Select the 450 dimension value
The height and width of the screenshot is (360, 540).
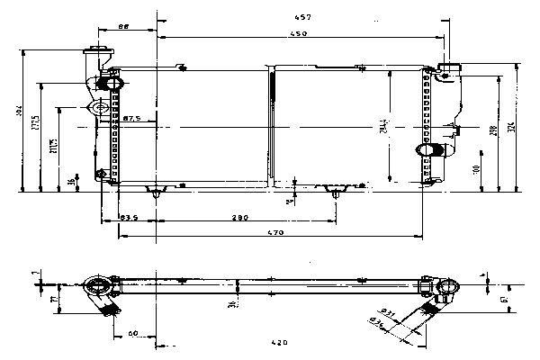pos(300,34)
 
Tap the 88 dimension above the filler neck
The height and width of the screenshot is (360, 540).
pos(124,28)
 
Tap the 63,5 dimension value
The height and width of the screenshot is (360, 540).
pos(128,218)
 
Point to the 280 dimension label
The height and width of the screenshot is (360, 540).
pos(240,218)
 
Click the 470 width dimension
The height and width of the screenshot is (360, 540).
pos(276,234)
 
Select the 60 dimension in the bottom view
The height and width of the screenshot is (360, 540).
pos(132,333)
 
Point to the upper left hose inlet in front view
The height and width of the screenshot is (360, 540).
pos(112,83)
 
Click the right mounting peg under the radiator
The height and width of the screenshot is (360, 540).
pos(337,192)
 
